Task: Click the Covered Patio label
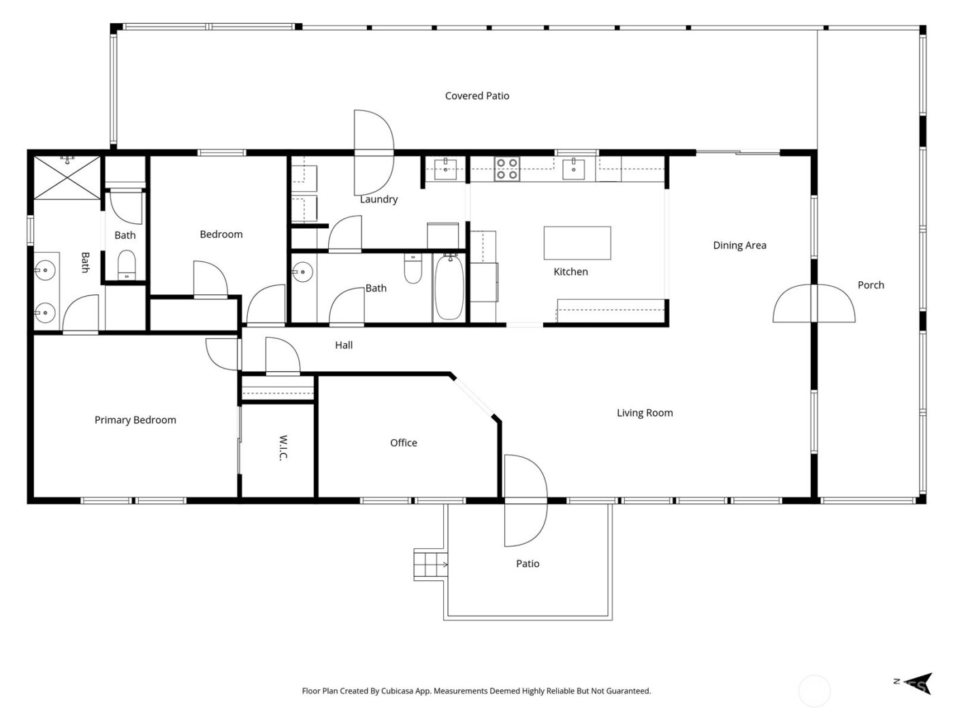(x=476, y=96)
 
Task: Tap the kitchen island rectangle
(x=577, y=243)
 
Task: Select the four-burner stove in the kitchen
(x=506, y=168)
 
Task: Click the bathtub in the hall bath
(x=449, y=287)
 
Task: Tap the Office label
(x=403, y=443)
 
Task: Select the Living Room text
(x=644, y=413)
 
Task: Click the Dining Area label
(x=739, y=245)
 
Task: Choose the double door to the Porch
(x=813, y=303)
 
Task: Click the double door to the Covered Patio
(x=374, y=151)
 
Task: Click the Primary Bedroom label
(x=135, y=420)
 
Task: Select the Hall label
(x=344, y=345)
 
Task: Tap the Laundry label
(x=378, y=200)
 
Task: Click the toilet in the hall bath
(x=413, y=269)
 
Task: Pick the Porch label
(x=871, y=285)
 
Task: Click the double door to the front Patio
(x=525, y=500)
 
